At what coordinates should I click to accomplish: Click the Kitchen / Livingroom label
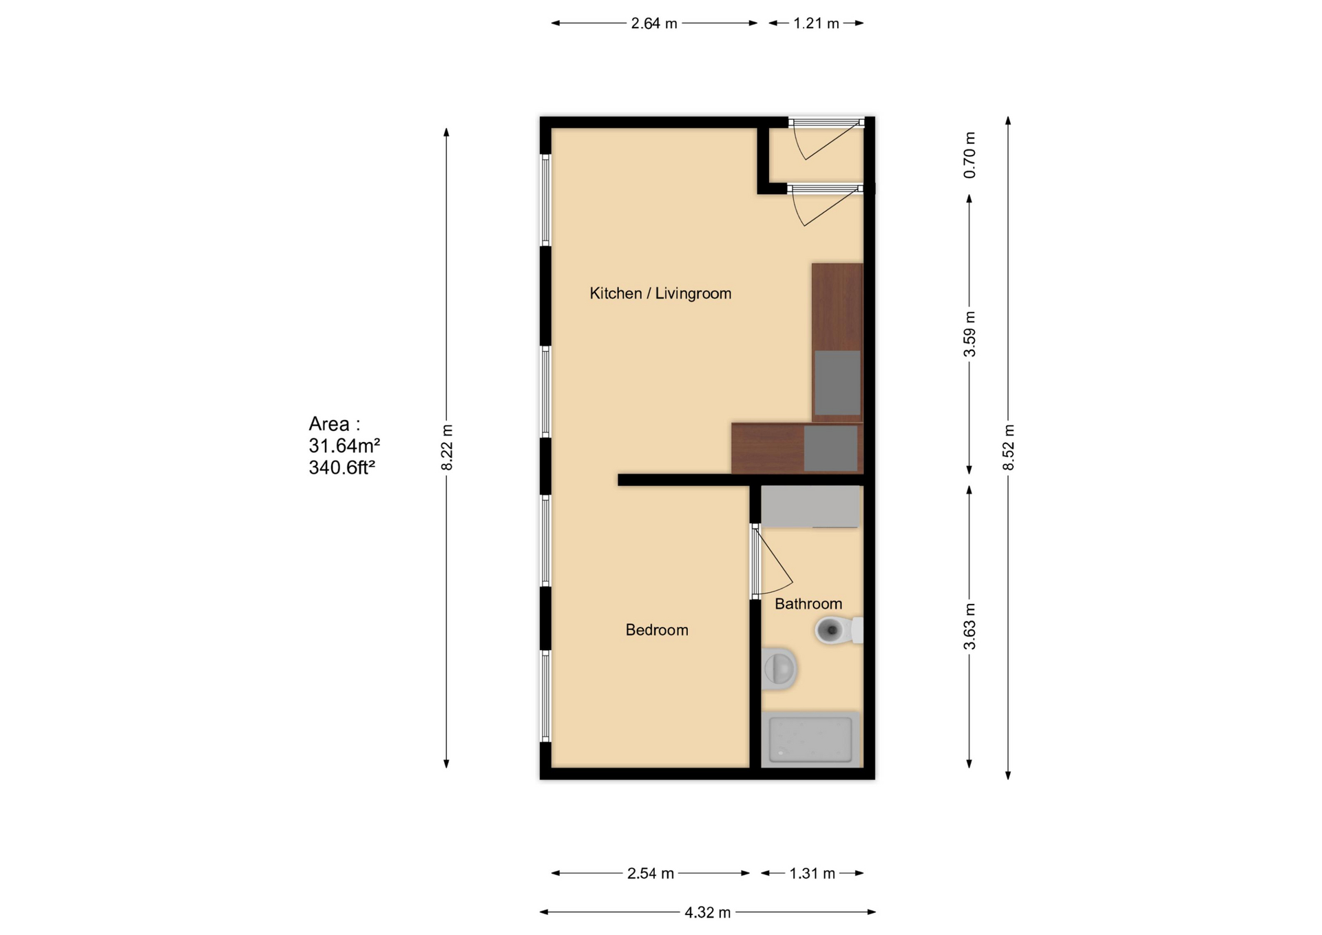click(x=660, y=293)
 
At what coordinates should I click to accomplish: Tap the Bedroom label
click(x=656, y=629)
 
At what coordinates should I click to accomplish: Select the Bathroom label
click(x=808, y=603)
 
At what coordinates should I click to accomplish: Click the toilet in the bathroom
click(x=837, y=630)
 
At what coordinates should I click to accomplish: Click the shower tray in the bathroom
click(x=810, y=739)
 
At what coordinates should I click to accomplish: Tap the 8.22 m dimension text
click(x=447, y=448)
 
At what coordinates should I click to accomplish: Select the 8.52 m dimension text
click(x=1008, y=448)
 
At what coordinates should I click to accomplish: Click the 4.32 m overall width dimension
click(x=707, y=912)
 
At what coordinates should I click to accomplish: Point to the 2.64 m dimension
click(x=654, y=23)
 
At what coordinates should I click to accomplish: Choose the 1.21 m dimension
click(x=816, y=23)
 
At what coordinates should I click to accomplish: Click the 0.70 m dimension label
click(x=969, y=155)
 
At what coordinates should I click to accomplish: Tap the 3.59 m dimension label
click(x=969, y=335)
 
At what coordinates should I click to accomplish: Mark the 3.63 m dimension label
click(x=969, y=627)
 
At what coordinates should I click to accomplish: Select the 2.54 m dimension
click(x=650, y=873)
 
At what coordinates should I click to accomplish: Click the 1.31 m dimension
click(x=812, y=873)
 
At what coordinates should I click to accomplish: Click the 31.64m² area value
click(x=344, y=445)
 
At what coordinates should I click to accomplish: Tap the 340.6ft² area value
click(x=342, y=467)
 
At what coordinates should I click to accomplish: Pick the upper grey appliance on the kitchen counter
click(x=837, y=383)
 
